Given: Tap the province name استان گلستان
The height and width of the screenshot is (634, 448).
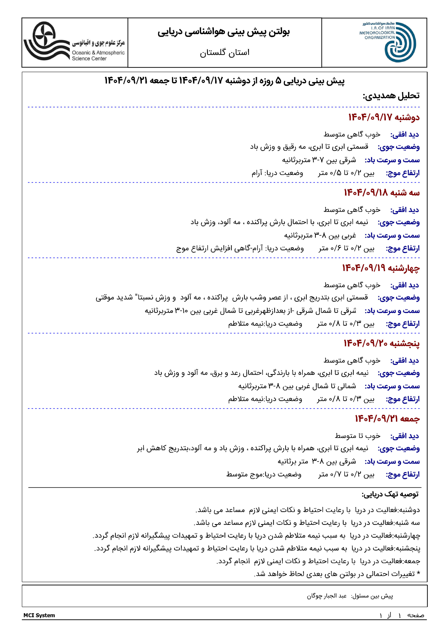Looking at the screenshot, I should tap(224, 53).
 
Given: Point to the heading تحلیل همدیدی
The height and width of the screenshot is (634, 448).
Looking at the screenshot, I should tap(391, 96).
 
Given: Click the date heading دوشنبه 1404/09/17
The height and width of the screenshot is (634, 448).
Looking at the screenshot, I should tap(384, 117).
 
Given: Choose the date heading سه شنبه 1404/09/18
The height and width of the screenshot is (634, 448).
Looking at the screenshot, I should tap(381, 193).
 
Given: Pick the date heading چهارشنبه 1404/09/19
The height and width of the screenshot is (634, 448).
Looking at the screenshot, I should tap(381, 268).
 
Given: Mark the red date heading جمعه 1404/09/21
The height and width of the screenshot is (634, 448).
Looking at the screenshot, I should tap(387, 419).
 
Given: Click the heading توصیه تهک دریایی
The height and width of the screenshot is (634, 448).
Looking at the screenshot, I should tap(390, 494).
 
